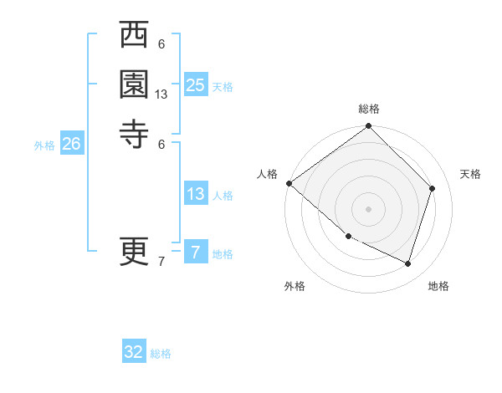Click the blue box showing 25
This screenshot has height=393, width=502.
pyautogui.click(x=196, y=84)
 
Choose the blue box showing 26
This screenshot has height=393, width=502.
pyautogui.click(x=71, y=144)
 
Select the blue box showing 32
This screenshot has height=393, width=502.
pyautogui.click(x=134, y=352)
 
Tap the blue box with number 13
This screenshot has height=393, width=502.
pyautogui.click(x=196, y=194)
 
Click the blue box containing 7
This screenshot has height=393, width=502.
pyautogui.click(x=196, y=252)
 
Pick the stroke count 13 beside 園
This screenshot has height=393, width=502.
pyautogui.click(x=161, y=94)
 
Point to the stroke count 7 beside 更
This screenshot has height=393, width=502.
pyautogui.click(x=161, y=263)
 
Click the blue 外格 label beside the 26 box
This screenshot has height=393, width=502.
pyautogui.click(x=44, y=145)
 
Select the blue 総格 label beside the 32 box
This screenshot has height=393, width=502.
pyautogui.click(x=161, y=354)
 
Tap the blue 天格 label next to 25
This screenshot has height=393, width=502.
pyautogui.click(x=223, y=87)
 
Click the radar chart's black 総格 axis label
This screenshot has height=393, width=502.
pyautogui.click(x=369, y=110)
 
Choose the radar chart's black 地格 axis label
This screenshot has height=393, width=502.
pyautogui.click(x=438, y=286)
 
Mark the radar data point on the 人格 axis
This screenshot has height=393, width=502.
pyautogui.click(x=289, y=183)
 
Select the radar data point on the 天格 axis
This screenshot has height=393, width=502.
pyautogui.click(x=433, y=188)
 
